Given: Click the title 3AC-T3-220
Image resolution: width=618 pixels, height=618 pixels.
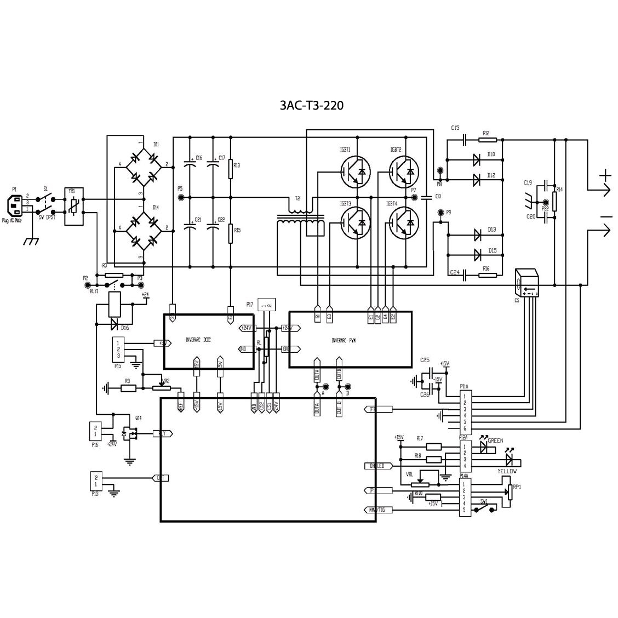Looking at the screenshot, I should (312, 105).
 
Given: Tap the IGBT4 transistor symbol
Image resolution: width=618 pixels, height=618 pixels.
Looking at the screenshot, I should (404, 222).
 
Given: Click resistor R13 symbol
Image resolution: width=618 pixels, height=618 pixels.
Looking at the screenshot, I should (231, 170).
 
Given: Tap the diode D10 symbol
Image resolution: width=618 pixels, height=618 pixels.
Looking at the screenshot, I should (477, 160).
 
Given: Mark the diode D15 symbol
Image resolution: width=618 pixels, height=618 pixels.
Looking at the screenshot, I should (477, 255).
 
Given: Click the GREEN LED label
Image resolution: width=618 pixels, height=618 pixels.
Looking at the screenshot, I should (495, 440).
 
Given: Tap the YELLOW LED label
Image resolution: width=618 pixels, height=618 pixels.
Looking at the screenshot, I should (507, 471).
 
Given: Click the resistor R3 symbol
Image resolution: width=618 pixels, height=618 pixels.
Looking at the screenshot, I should (128, 388).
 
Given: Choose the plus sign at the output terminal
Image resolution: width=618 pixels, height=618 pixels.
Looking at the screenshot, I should (605, 176).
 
